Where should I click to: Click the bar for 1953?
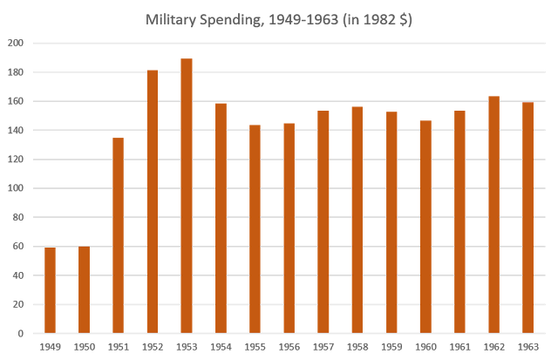187,196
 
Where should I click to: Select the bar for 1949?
50,289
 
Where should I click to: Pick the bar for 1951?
119,235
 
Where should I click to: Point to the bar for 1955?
255,229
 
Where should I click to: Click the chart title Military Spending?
279,20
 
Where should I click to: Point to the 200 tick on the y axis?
16,44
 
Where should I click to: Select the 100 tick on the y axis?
16,188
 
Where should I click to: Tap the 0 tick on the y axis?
20,334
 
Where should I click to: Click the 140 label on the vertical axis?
16,131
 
